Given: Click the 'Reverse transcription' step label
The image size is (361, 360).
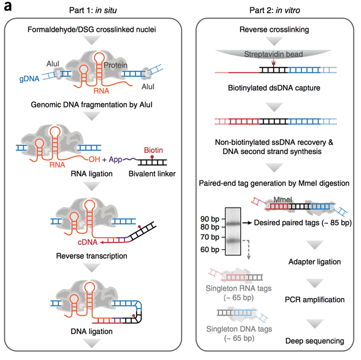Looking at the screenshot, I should tap(96, 255).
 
